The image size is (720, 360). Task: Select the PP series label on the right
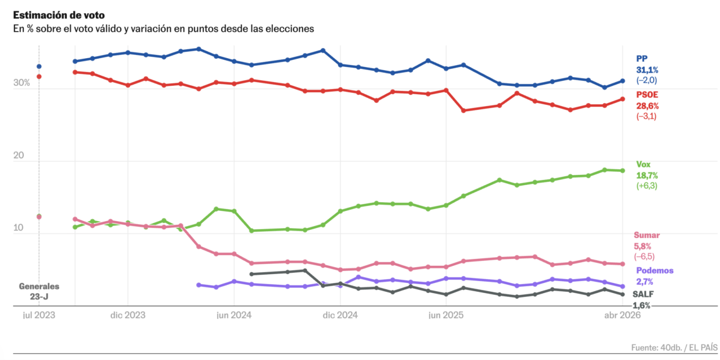click(x=642, y=58)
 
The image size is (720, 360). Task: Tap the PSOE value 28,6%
click(x=647, y=106)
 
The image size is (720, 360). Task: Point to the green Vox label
click(x=643, y=164)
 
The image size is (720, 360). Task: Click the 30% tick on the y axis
click(x=21, y=83)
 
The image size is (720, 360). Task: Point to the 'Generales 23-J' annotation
click(x=39, y=291)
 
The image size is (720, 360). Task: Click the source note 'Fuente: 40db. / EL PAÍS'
click(x=674, y=347)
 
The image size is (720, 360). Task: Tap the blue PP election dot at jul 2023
click(x=39, y=66)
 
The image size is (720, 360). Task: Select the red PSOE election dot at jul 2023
click(x=39, y=76)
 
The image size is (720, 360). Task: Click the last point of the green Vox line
click(x=623, y=171)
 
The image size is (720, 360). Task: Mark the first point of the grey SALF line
click(x=251, y=274)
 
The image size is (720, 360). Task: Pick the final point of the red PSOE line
click(x=623, y=99)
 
